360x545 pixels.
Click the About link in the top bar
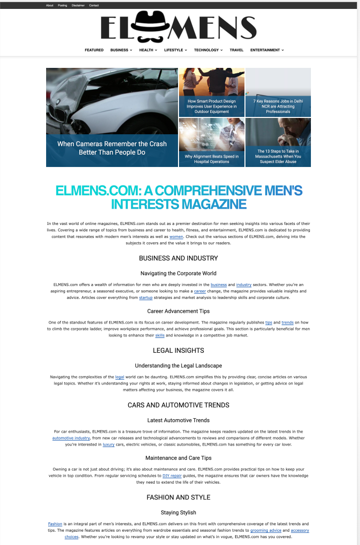pyautogui.click(x=50, y=5)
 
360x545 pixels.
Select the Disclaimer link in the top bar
pyautogui.click(x=78, y=5)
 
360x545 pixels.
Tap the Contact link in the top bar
pyautogui.click(x=94, y=5)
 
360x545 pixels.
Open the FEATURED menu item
pyautogui.click(x=94, y=50)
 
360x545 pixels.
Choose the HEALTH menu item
pyautogui.click(x=147, y=50)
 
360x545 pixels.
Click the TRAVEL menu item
pyautogui.click(x=237, y=50)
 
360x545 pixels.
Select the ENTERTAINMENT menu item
pyautogui.click(x=266, y=50)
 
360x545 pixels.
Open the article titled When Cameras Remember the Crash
pyautogui.click(x=112, y=148)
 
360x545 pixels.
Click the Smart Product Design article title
pyautogui.click(x=212, y=106)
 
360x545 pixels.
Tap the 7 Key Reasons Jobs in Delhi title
pyautogui.click(x=278, y=106)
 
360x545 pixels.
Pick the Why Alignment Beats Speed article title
pyautogui.click(x=212, y=159)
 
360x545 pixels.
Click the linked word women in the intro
pyautogui.click(x=176, y=237)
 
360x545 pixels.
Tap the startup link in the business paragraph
pyautogui.click(x=146, y=298)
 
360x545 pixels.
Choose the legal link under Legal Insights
pyautogui.click(x=120, y=377)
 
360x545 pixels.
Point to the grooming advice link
pyautogui.click(x=266, y=530)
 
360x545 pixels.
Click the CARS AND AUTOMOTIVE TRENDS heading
pyautogui.click(x=179, y=405)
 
